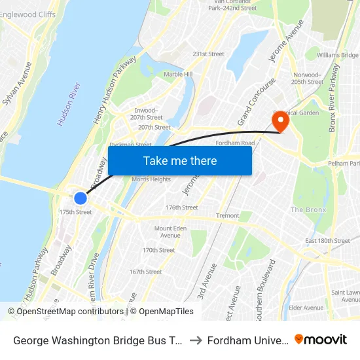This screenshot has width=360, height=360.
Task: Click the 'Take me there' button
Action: pyautogui.click(x=180, y=160)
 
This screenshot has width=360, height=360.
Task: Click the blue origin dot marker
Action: pyautogui.click(x=81, y=198)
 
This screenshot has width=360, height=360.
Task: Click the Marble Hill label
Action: pyautogui.click(x=178, y=75)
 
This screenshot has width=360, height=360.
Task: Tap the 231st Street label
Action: pyautogui.click(x=208, y=54)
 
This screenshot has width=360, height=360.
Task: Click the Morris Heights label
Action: pyautogui.click(x=151, y=179)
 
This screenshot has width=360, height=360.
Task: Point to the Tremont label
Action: pyautogui.click(x=228, y=215)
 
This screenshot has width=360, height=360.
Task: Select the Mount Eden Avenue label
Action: pyautogui.click(x=168, y=232)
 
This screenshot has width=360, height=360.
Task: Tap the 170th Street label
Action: pyautogui.click(x=159, y=250)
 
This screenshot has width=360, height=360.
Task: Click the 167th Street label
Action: pyautogui.click(x=145, y=272)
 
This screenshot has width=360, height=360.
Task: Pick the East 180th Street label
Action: pyautogui.click(x=327, y=241)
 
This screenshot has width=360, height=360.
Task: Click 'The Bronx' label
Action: pyautogui.click(x=307, y=210)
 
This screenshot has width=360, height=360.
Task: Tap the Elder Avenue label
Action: pyautogui.click(x=306, y=308)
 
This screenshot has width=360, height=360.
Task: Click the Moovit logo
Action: pyautogui.click(x=321, y=339)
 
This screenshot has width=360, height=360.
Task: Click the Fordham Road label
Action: pyautogui.click(x=235, y=143)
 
